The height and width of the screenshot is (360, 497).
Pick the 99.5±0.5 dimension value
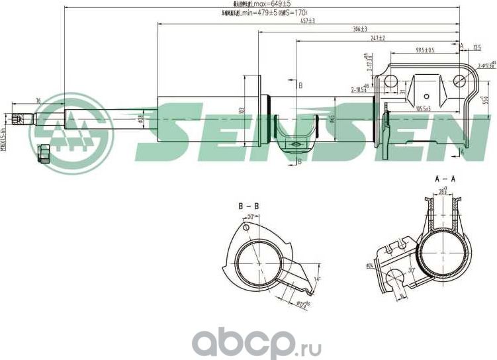(x=425, y=50)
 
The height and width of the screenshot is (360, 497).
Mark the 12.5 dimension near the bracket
(x=477, y=46)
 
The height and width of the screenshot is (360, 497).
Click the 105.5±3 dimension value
(x=423, y=108)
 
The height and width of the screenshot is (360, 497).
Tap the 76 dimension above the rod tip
(x=38, y=100)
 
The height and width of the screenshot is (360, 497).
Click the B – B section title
(x=248, y=206)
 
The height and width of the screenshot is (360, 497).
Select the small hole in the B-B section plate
(x=246, y=228)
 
